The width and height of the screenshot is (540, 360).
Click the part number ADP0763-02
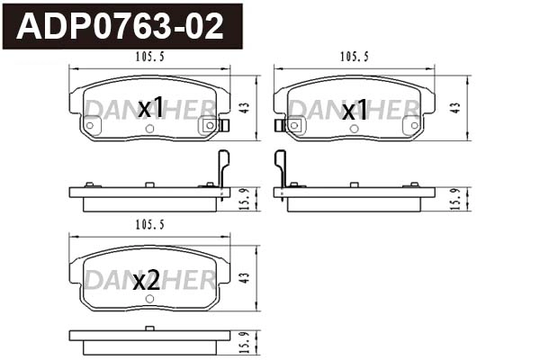121,26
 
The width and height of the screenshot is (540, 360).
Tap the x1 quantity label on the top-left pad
151,108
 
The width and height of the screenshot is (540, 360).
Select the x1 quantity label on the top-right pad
355,110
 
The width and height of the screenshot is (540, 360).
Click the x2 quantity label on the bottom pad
146,281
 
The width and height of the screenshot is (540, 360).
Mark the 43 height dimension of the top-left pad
246,106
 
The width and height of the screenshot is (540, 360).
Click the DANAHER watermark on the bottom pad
149,280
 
